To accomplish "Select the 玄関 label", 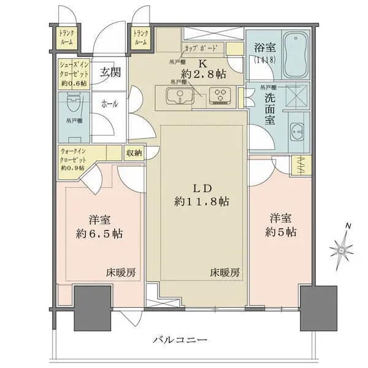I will point(110,72).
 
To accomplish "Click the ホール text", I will point(110,104).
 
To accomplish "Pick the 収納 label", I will point(134,153).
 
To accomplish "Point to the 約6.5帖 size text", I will point(99,233).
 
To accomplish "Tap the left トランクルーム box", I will point(67,39).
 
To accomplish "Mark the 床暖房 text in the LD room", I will point(224,272).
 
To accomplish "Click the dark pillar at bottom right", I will point(315,308).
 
